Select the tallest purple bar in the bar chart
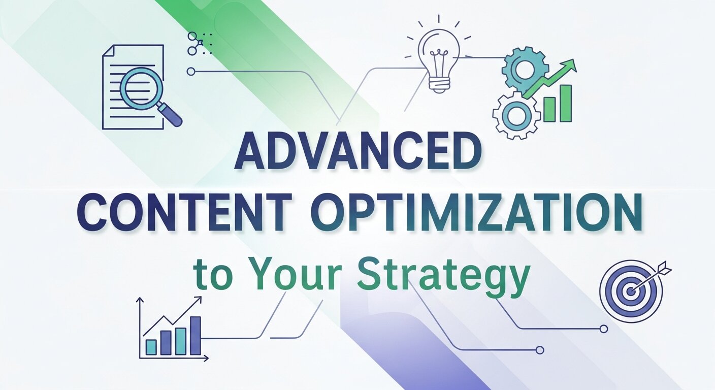tap(195, 335)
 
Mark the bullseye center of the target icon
tap(630, 291)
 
